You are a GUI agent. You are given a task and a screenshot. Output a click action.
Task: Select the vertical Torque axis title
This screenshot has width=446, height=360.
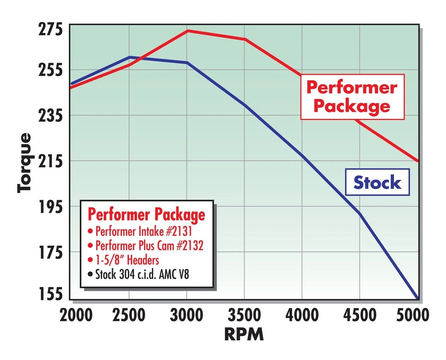click(x=25, y=163)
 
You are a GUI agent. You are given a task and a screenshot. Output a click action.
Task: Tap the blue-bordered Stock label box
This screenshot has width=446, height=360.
click(x=377, y=182)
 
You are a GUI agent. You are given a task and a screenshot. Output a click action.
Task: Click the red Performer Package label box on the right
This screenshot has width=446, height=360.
click(x=352, y=97)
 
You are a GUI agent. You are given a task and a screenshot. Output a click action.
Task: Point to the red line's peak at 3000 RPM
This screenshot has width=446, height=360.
click(x=187, y=31)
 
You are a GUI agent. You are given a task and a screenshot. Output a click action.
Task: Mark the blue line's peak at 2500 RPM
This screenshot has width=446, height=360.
click(x=129, y=57)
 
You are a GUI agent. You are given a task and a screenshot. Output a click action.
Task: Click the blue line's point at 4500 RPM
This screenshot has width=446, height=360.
click(x=360, y=213)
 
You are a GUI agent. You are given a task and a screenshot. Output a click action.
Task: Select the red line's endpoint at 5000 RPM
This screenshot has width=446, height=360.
click(x=418, y=161)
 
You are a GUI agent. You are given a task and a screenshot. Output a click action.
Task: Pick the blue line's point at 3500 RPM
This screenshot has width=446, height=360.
click(x=245, y=105)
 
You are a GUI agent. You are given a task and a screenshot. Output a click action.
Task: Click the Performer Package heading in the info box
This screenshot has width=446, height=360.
click(x=146, y=214)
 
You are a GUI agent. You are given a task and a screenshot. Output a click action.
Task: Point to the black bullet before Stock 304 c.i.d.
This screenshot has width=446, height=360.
click(x=90, y=274)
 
